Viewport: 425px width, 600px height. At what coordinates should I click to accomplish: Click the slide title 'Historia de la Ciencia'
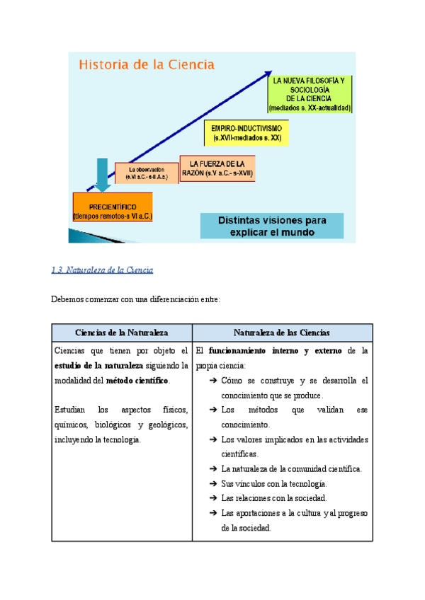point(146,65)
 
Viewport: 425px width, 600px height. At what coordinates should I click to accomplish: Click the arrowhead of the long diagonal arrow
point(267,73)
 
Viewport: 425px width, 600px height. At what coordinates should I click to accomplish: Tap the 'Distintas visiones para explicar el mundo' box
point(272,226)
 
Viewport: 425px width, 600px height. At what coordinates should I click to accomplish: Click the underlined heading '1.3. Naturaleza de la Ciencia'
point(103,270)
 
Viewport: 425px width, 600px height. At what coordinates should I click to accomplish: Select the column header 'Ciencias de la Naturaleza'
point(122,333)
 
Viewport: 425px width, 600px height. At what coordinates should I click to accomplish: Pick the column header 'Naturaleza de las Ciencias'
point(282,333)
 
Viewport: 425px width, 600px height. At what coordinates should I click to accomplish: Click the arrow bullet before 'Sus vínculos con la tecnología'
point(214,484)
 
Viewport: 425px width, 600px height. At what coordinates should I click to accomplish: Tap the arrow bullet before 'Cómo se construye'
point(214,381)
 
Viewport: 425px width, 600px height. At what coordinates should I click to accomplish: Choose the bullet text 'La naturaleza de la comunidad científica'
point(291,469)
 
